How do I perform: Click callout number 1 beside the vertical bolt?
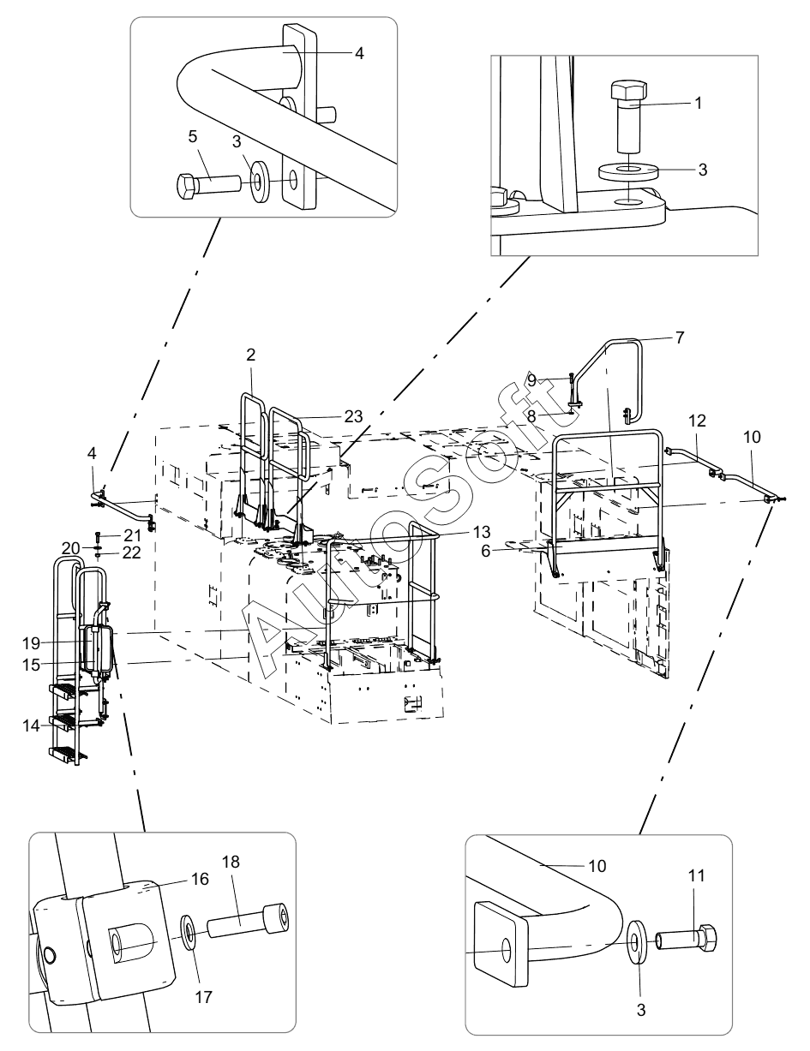pyautogui.click(x=698, y=103)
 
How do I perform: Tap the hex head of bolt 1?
pyautogui.click(x=628, y=91)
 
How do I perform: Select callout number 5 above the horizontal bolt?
pyautogui.click(x=193, y=137)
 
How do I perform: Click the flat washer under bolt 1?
pyautogui.click(x=628, y=170)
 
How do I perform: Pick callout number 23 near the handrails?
pyautogui.click(x=354, y=416)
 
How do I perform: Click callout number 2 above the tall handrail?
pyautogui.click(x=250, y=355)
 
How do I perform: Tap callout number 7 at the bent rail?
pyautogui.click(x=680, y=337)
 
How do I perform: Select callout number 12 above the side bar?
pyautogui.click(x=698, y=421)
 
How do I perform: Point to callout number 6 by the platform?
pyautogui.click(x=486, y=551)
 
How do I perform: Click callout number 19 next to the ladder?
pyautogui.click(x=31, y=643)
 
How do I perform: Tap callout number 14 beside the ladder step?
pyautogui.click(x=31, y=726)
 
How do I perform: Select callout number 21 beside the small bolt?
pyautogui.click(x=132, y=535)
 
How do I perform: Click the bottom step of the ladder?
pyautogui.click(x=67, y=753)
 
